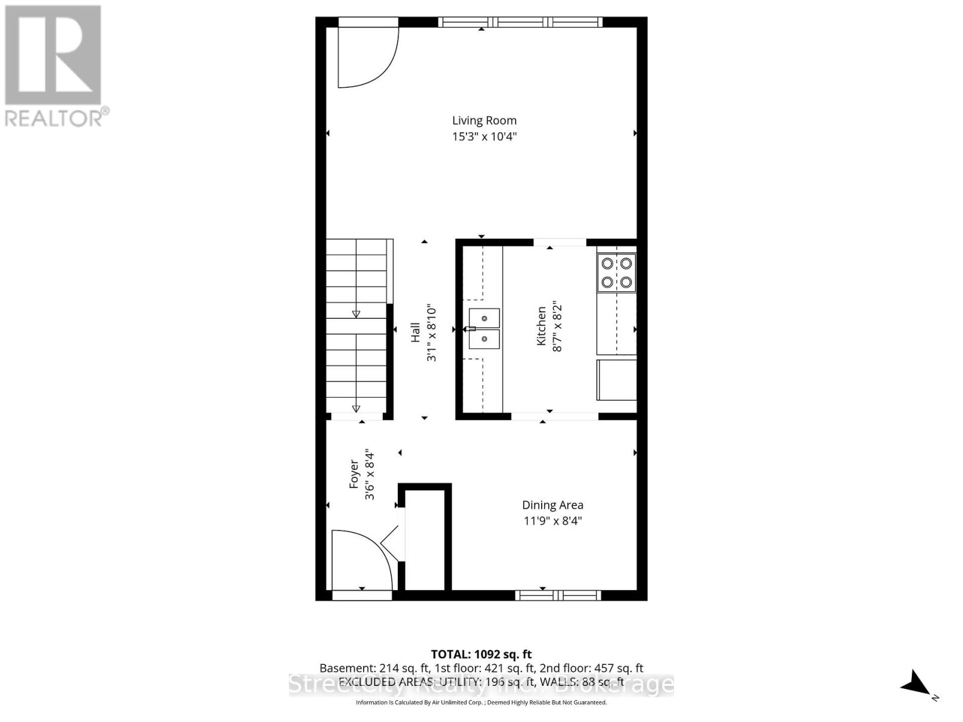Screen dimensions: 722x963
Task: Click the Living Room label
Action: (x=484, y=120)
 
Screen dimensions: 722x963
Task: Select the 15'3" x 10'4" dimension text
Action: (x=484, y=137)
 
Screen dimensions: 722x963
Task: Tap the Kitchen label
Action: (x=542, y=326)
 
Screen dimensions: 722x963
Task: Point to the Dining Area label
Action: (x=552, y=505)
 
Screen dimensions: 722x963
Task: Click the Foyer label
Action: (x=355, y=474)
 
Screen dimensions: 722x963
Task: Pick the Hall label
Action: (x=415, y=333)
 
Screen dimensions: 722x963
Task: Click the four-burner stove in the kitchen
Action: (x=616, y=273)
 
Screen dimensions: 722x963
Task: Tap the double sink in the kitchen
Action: (x=485, y=329)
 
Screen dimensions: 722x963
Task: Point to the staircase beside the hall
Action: (x=357, y=328)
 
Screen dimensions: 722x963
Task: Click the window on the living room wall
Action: (x=520, y=22)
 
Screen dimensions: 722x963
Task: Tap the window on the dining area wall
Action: (x=558, y=595)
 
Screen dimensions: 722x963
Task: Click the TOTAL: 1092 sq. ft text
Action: (x=481, y=654)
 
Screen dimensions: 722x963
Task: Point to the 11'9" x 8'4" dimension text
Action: (x=552, y=520)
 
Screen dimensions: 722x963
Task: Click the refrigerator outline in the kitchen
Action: (x=616, y=380)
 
